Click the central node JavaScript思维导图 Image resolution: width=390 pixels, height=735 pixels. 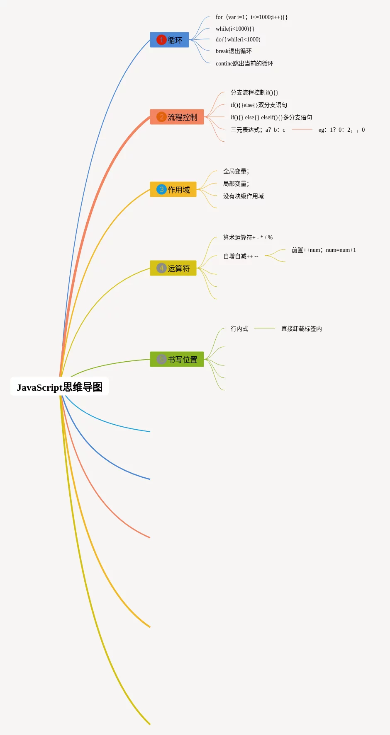[59, 387]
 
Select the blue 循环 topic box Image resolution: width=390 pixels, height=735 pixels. [169, 40]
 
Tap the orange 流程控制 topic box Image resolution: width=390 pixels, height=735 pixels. [177, 117]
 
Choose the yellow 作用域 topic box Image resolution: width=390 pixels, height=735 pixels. [173, 189]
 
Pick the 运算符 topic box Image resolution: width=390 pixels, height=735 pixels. [173, 268]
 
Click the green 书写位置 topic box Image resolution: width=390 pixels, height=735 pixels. [177, 359]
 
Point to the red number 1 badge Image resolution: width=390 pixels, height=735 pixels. [161, 40]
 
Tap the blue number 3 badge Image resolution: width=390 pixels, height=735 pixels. [161, 189]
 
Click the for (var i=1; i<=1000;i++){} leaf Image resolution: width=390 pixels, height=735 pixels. [251, 17]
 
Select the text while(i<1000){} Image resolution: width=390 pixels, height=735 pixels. [235, 29]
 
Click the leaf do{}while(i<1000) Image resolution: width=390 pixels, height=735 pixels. [238, 39]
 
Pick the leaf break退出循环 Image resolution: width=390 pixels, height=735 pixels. [234, 51]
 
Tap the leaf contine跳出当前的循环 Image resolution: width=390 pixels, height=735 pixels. [244, 63]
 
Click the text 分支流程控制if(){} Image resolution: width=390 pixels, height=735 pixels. [254, 92]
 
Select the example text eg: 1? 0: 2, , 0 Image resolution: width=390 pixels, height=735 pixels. [341, 130]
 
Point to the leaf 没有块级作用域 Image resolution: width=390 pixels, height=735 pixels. [244, 196]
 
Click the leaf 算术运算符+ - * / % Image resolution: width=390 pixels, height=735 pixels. [248, 237]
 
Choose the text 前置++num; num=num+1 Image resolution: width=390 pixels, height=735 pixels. [324, 250]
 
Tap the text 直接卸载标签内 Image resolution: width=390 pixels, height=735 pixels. [302, 329]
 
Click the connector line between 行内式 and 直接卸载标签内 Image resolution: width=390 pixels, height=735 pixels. [265, 328]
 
